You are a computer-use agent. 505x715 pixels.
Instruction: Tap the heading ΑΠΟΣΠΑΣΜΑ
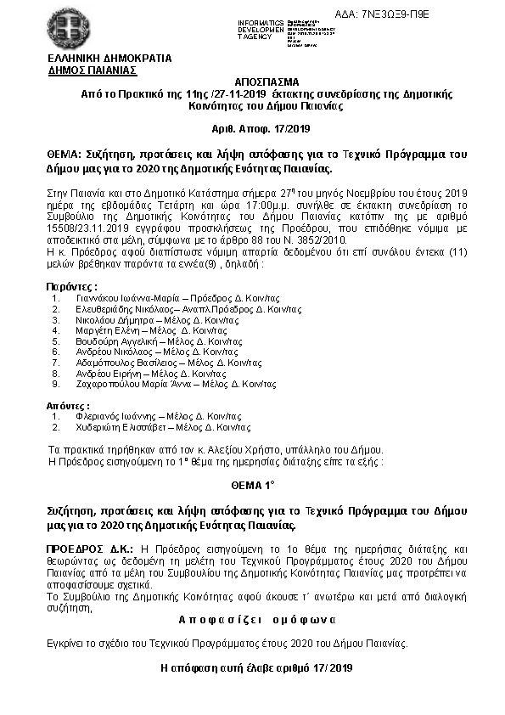(x=252, y=76)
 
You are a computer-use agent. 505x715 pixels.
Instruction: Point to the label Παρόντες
(x=71, y=287)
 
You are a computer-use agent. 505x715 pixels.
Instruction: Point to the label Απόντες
(x=67, y=406)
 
